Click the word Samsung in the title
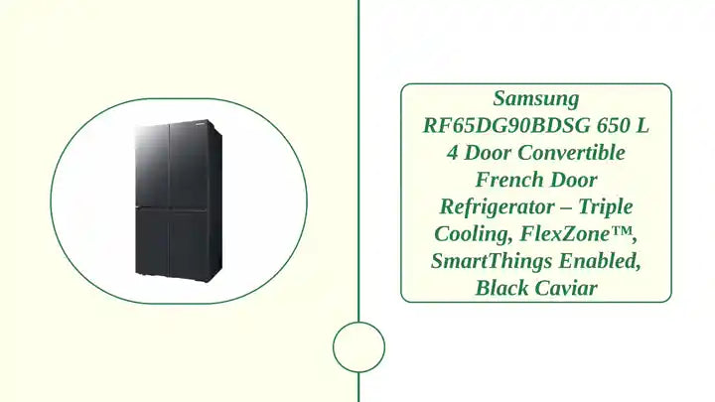click(x=536, y=99)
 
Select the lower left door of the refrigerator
click(x=151, y=241)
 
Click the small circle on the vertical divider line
click(x=358, y=347)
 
